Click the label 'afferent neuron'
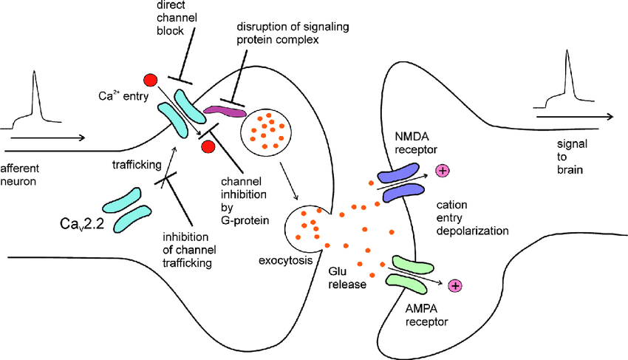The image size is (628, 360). pyautogui.click(x=20, y=173)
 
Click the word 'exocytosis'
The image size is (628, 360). pyautogui.click(x=285, y=260)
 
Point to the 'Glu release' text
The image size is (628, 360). pyautogui.click(x=348, y=277)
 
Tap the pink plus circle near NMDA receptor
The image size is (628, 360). pyautogui.click(x=443, y=171)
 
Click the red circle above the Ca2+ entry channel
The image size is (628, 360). pyautogui.click(x=151, y=79)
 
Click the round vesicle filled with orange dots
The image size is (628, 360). pyautogui.click(x=264, y=129)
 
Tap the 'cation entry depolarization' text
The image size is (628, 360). pyautogui.click(x=472, y=215)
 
